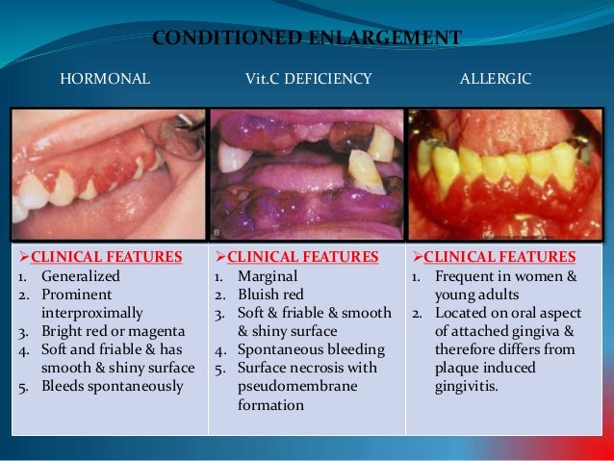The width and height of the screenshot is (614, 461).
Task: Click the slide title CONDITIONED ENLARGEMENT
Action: coord(307,38)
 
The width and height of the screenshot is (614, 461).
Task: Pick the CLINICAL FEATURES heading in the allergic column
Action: coord(499,257)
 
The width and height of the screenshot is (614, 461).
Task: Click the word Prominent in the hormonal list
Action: coord(76,295)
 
